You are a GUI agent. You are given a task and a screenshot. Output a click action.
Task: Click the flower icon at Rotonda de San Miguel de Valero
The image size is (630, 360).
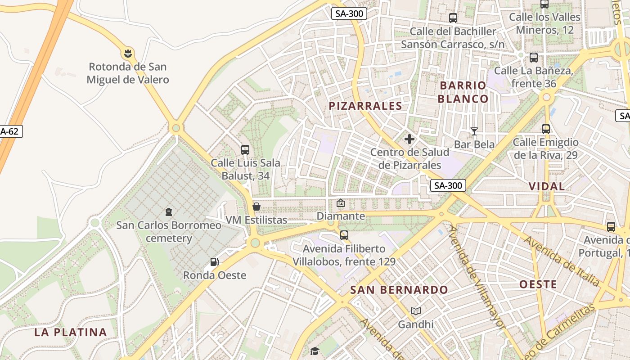pos(128,54)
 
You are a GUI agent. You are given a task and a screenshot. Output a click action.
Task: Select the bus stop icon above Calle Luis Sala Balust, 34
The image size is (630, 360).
pos(245,150)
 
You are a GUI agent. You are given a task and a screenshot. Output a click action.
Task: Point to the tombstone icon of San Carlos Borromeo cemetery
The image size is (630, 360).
pos(169,211)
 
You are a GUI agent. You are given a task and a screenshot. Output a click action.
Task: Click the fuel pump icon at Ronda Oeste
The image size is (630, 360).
pos(215,262)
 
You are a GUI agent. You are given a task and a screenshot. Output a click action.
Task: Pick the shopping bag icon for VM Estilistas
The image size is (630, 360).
pos(256,207)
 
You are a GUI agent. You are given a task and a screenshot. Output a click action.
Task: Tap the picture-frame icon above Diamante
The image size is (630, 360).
pos(341,203)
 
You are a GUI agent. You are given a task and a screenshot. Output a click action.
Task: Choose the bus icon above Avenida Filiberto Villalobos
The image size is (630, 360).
pos(344,235)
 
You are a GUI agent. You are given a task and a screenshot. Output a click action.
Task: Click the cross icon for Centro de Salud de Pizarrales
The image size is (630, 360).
pos(409,139)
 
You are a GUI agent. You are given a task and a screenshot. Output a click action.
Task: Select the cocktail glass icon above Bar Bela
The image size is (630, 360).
pos(474,131)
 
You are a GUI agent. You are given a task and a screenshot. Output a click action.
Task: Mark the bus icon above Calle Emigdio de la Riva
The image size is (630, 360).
pos(546,129)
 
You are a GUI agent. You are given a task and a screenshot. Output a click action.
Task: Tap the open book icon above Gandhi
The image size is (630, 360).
pos(416,311)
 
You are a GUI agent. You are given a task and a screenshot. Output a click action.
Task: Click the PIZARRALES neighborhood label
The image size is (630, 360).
pos(365,106)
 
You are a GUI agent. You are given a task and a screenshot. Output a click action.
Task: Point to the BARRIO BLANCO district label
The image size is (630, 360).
pos(463,92)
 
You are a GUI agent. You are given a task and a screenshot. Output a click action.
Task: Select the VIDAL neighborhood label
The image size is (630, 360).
pos(547,186)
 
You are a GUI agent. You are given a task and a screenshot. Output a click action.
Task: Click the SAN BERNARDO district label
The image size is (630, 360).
pos(399,290)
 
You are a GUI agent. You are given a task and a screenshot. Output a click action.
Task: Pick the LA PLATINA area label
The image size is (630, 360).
pos(71,333)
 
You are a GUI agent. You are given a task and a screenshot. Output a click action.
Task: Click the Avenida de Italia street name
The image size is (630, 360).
pos(561,261)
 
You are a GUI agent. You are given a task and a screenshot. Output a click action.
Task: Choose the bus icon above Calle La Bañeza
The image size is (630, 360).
pos(534,58)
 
